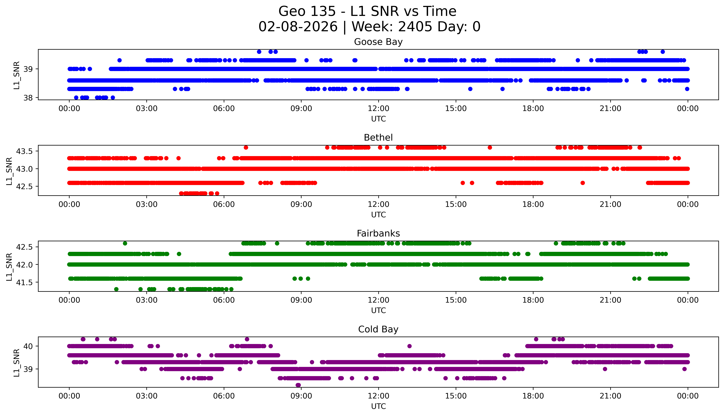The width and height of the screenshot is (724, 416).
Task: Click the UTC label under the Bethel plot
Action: click(378, 215)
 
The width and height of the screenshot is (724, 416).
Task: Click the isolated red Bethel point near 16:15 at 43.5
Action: click(490, 147)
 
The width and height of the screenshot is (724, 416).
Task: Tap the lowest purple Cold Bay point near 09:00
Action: click(298, 385)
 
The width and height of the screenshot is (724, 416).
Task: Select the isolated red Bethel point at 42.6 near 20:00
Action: click(583, 183)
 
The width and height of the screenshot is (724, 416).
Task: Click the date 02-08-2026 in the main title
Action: click(298, 27)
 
